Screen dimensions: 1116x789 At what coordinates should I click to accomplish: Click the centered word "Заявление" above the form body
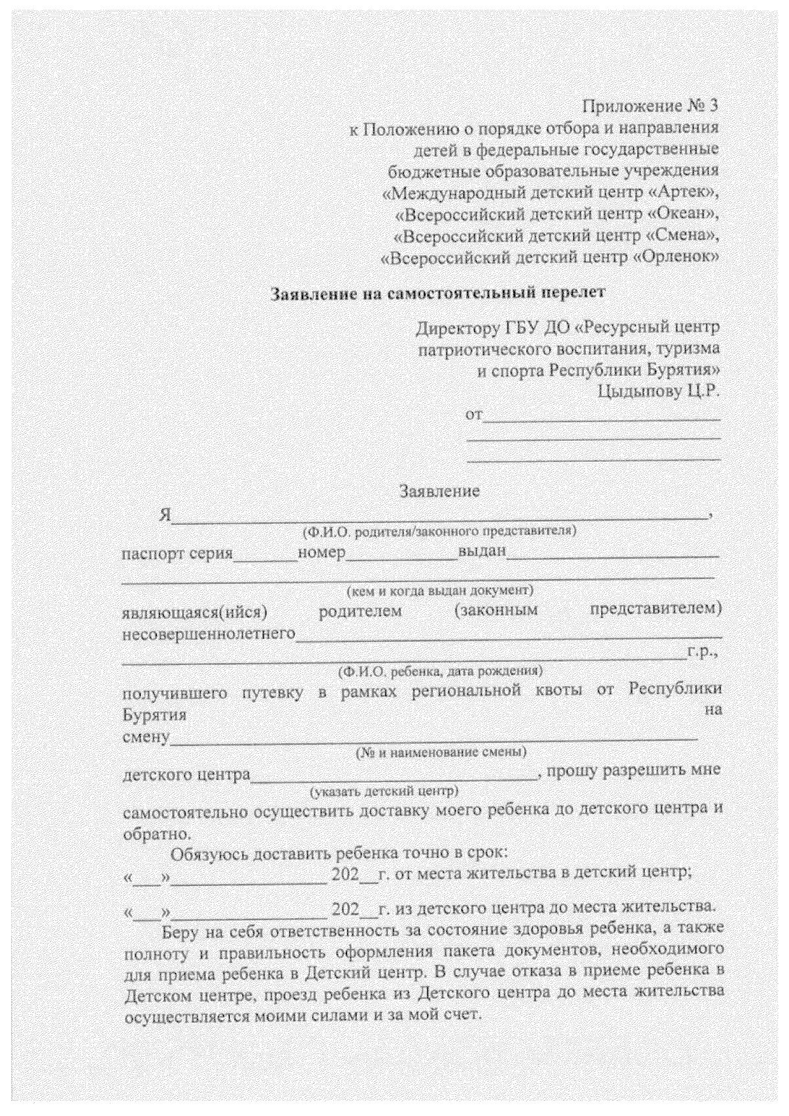click(440, 490)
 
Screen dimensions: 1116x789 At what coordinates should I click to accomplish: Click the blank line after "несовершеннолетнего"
click(509, 636)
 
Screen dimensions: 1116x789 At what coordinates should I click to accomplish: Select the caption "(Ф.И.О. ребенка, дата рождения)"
click(439, 672)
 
